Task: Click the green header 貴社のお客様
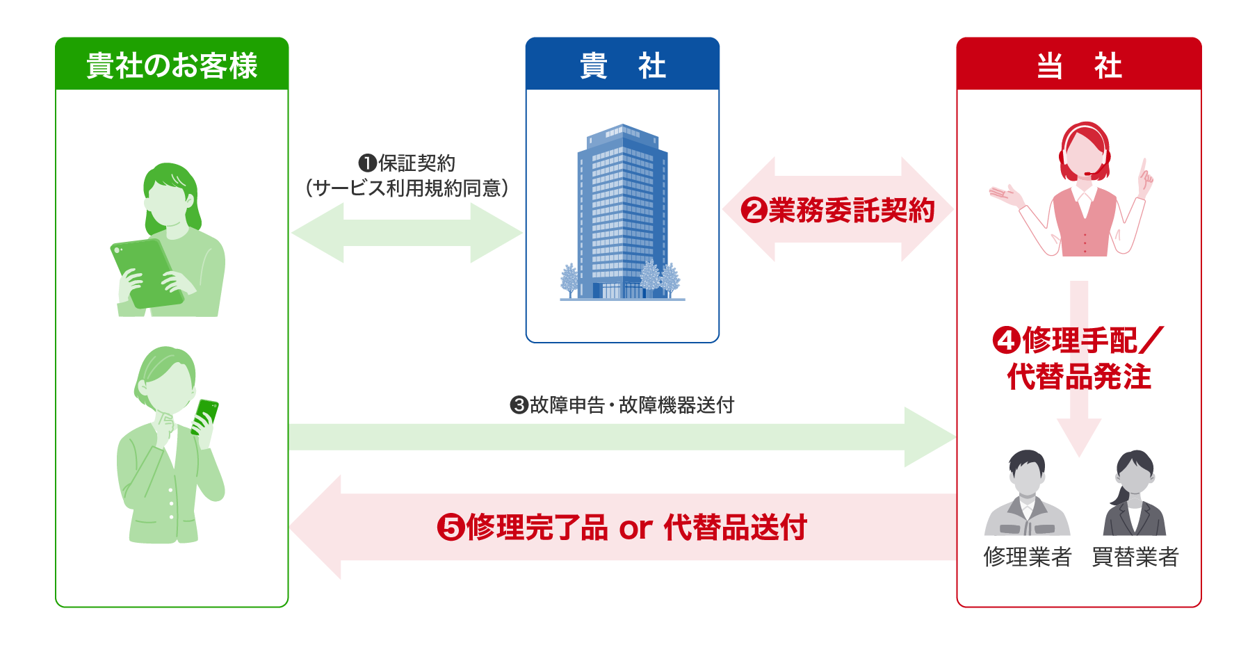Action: coord(172,65)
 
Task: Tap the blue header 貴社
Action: coord(622,65)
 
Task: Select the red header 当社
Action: coord(1078,65)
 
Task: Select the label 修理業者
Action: coord(1028,557)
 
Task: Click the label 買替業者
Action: coord(1135,557)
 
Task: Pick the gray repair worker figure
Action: coord(1027,493)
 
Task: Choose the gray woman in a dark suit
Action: coord(1134,493)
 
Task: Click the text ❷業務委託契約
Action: coord(838,210)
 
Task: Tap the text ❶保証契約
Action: coord(407,163)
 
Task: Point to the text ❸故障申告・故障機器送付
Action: coord(622,405)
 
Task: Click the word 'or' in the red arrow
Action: coord(635,528)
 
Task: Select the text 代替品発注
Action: coord(1078,377)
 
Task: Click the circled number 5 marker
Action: coord(450,527)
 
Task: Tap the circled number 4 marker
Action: coord(1005,341)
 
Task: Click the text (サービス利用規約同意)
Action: coord(407,188)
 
